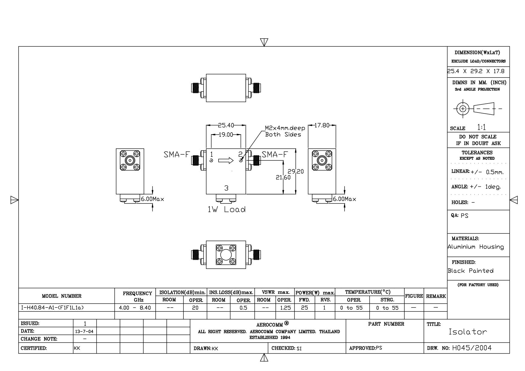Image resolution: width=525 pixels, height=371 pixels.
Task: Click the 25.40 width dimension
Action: click(226, 125)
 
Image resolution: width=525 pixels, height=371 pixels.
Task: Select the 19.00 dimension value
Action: click(226, 135)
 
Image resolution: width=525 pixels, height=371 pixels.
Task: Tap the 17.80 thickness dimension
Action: click(322, 125)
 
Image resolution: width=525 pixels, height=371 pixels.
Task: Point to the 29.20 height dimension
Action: click(296, 171)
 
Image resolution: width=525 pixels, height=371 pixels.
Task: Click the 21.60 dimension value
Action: click(283, 177)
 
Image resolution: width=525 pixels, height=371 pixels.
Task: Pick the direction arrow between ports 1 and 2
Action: click(226, 161)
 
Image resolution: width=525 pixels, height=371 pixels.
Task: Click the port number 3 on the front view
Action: click(226, 188)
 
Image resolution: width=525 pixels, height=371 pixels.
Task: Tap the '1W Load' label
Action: click(227, 209)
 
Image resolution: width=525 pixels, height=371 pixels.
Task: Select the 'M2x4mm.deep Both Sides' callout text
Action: click(285, 131)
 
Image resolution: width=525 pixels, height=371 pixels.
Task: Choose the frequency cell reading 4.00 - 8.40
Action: click(135, 308)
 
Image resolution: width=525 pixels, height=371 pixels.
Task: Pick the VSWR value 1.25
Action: click(285, 308)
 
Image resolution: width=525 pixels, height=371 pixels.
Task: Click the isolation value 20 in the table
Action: click(195, 308)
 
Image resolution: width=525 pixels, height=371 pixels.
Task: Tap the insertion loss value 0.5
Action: click(243, 308)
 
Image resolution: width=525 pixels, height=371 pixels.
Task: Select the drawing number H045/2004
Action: click(472, 348)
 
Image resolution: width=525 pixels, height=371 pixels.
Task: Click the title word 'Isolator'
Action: click(468, 332)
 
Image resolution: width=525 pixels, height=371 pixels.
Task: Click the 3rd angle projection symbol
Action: click(477, 109)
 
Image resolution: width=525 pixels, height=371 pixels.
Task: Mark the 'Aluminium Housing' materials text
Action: click(476, 247)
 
